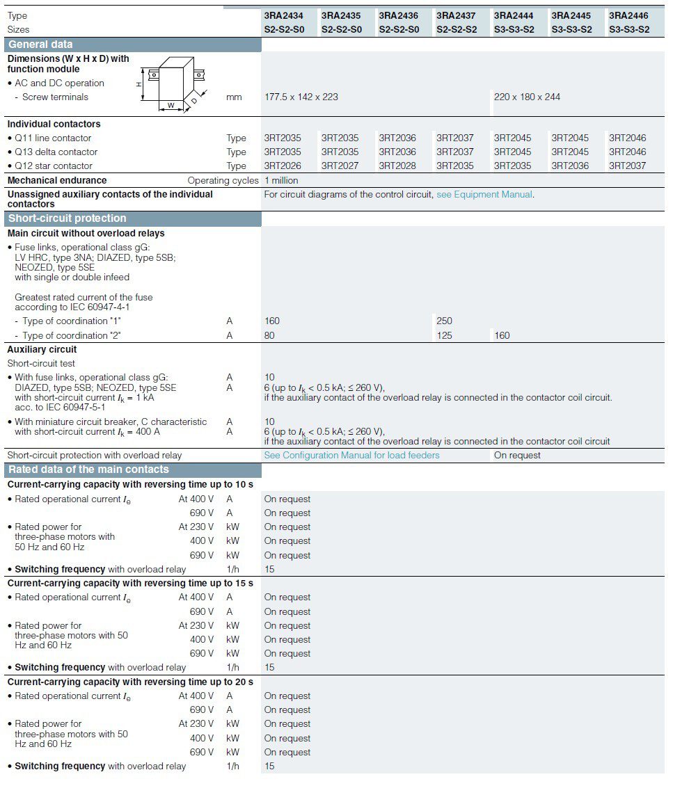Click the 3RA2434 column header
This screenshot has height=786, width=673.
(283, 15)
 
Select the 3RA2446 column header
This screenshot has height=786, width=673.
(628, 15)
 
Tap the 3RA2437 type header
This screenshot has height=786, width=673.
(456, 15)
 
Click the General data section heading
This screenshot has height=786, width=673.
(40, 45)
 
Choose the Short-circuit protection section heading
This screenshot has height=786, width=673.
(68, 218)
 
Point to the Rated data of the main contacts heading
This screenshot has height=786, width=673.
(88, 470)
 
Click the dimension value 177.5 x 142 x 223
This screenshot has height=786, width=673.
(301, 97)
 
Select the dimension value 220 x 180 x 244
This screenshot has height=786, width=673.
(527, 97)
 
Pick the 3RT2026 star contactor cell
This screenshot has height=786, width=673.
(283, 166)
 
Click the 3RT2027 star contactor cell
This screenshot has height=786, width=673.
(340, 166)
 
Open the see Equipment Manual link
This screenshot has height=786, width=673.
(484, 195)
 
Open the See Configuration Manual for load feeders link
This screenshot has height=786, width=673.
(351, 456)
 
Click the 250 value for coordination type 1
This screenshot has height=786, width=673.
(444, 321)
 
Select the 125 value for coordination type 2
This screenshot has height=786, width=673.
(444, 335)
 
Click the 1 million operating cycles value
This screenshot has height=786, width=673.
(281, 180)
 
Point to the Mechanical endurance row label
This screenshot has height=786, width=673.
(57, 180)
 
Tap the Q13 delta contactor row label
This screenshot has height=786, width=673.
(56, 152)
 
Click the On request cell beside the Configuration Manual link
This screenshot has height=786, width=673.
(517, 456)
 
